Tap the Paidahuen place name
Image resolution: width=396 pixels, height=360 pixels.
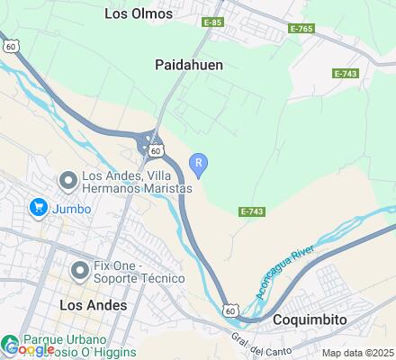coord(189,65)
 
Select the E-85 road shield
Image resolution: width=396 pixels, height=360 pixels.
coord(213,21)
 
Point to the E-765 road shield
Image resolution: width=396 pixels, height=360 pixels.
coord(301,30)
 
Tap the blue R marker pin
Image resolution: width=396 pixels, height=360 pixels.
coord(199,163)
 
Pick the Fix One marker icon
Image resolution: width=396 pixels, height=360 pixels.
coord(81,267)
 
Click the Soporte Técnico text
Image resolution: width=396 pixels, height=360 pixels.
coord(140,279)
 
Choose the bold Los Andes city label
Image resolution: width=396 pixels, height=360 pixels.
coord(93,305)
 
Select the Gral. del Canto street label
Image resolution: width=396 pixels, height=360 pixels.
coord(251,343)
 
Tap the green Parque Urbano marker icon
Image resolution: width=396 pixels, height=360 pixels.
coord(11,343)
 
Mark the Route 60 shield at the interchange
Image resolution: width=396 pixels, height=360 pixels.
coord(156,150)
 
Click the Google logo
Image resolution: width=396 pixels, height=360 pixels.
coord(30,349)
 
